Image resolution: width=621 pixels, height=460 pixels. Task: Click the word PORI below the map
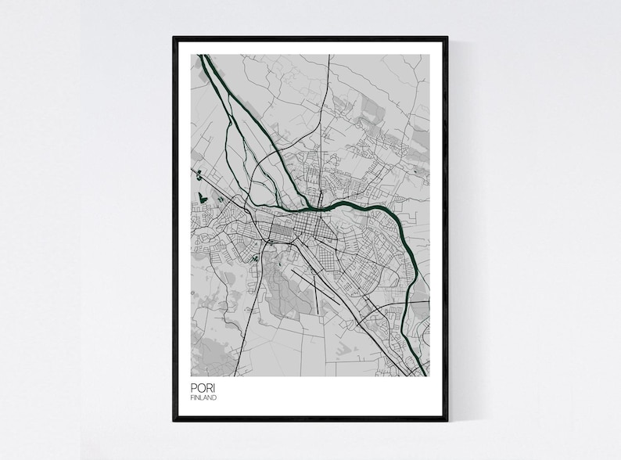199,389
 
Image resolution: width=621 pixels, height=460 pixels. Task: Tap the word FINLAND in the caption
203,398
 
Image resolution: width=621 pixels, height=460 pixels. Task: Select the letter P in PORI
192,389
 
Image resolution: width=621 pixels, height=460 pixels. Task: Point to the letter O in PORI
199,389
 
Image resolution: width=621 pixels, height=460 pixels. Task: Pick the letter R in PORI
206,389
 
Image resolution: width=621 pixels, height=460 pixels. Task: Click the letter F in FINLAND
192,398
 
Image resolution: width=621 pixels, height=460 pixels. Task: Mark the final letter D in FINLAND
215,398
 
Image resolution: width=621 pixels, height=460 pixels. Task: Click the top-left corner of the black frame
174,37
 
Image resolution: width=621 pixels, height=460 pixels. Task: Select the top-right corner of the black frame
448,37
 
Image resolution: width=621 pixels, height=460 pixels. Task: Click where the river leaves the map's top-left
202,57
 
